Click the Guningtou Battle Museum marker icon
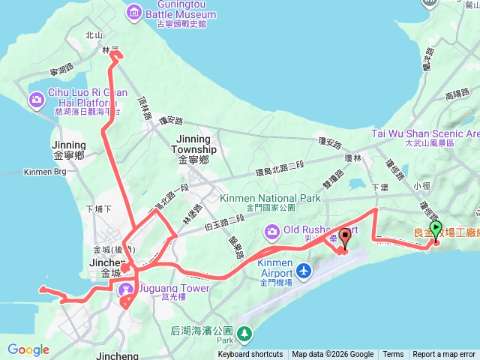pos(134,11)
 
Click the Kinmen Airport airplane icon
pos(304,270)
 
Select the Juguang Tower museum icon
pos(126,286)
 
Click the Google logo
pos(28,349)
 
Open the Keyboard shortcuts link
pos(250,355)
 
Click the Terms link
pos(393,355)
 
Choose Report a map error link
pos(444,355)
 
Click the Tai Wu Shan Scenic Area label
pos(424,133)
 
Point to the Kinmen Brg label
pos(25,172)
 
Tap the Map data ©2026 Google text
pos(333,355)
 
